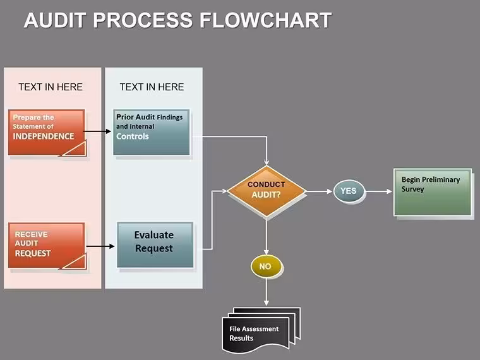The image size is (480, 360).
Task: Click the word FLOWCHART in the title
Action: point(265,20)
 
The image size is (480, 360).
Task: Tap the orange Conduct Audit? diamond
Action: point(267,191)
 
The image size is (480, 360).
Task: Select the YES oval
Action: point(349,191)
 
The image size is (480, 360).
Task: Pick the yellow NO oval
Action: point(266,267)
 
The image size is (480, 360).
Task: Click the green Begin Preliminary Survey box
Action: point(433,192)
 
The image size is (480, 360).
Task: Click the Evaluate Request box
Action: point(155,245)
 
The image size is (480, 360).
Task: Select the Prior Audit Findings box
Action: point(151,132)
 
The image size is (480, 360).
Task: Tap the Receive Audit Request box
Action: point(47,246)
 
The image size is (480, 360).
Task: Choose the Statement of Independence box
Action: point(47,132)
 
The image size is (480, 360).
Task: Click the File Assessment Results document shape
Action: point(261,330)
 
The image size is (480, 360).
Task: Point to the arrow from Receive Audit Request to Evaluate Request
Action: point(100,246)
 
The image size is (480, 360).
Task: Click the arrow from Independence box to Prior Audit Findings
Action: point(97,131)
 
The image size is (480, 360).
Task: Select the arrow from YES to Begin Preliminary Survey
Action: point(379,191)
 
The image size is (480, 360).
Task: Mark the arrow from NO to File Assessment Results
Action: point(267,291)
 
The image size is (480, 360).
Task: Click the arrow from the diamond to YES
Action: point(319,191)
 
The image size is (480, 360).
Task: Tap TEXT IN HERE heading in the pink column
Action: point(51,87)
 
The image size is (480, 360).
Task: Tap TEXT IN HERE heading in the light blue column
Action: point(152,87)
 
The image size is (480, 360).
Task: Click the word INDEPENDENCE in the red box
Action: point(44,136)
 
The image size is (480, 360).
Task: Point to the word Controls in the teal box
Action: point(133,136)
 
